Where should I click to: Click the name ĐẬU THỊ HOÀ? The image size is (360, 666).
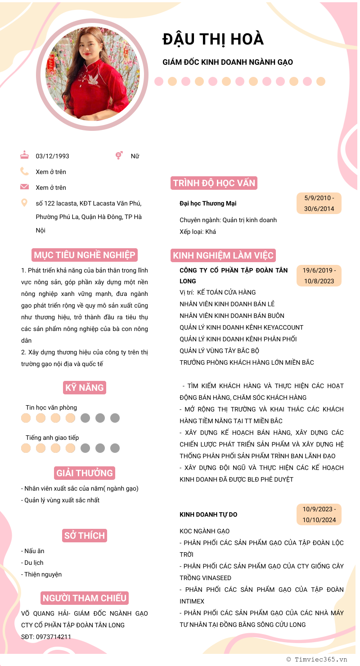[213, 40]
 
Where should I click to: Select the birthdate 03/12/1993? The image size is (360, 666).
[53, 156]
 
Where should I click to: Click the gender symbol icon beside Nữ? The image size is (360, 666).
[119, 156]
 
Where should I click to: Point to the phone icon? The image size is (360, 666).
[24, 171]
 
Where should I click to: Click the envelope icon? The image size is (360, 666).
[24, 187]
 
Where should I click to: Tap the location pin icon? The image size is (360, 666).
[24, 203]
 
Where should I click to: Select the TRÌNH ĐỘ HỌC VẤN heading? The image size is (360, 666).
[214, 183]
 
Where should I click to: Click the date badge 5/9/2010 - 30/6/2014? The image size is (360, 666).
[319, 203]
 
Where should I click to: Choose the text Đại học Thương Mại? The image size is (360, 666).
[208, 204]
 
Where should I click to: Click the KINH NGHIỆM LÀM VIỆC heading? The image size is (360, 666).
[223, 256]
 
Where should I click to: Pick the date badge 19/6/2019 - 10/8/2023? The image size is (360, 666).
[319, 276]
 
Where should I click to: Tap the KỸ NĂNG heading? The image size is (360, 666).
[85, 388]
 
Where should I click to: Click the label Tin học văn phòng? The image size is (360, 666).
[51, 408]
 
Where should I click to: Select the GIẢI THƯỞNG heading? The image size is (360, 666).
[85, 473]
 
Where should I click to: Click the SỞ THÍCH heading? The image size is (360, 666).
[85, 536]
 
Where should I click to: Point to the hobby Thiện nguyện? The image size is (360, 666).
[43, 574]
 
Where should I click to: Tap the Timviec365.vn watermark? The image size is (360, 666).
[317, 659]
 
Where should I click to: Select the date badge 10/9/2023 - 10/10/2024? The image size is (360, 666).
[319, 514]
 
